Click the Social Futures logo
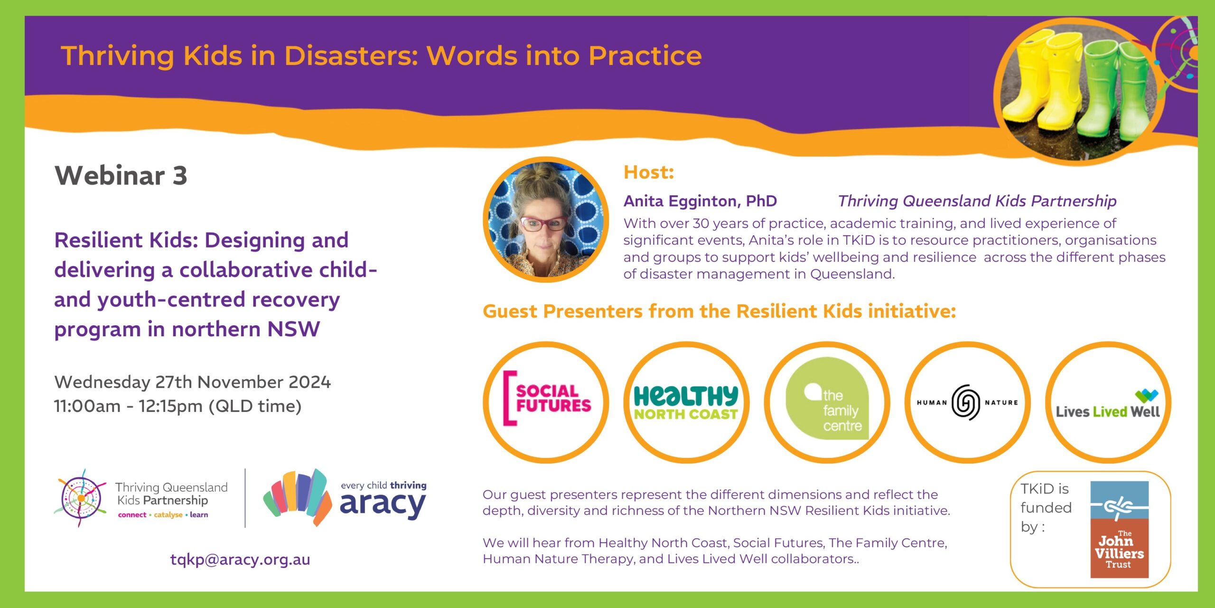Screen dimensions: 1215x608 [547, 398]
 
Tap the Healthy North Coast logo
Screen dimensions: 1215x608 [686, 402]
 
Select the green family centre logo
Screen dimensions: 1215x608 [827, 399]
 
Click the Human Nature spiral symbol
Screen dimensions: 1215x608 [966, 402]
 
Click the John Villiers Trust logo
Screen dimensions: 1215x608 [1120, 530]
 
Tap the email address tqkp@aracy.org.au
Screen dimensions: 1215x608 [240, 560]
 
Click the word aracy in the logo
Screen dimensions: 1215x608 [383, 505]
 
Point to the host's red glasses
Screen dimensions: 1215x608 [543, 223]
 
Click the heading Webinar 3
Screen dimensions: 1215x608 [121, 175]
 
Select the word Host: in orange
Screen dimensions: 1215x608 [649, 172]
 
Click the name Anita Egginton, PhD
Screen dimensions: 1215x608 [700, 201]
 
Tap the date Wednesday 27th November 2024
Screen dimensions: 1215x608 [192, 382]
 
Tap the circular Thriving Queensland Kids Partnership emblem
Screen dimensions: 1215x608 [81, 498]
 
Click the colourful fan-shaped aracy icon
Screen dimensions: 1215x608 [298, 497]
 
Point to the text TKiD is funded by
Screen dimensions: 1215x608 [1046, 508]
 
